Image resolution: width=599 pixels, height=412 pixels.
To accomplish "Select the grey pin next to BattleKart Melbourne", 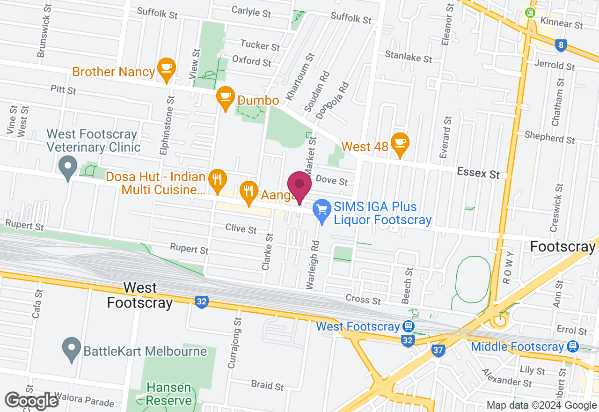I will [x=71, y=348].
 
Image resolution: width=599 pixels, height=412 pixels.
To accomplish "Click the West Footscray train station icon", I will [x=408, y=326].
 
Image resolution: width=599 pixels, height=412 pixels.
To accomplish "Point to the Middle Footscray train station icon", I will [x=572, y=346].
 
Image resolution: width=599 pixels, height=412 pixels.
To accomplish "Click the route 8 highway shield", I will [x=561, y=45].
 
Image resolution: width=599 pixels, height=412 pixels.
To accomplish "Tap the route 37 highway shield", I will [x=438, y=351].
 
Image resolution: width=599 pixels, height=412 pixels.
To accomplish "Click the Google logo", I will [x=31, y=401].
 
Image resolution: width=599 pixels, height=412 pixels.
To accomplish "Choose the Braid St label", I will [x=267, y=385].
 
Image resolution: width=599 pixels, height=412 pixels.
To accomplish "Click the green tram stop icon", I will [x=530, y=13].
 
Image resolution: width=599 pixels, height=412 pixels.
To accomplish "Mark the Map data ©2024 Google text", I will [x=541, y=405].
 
